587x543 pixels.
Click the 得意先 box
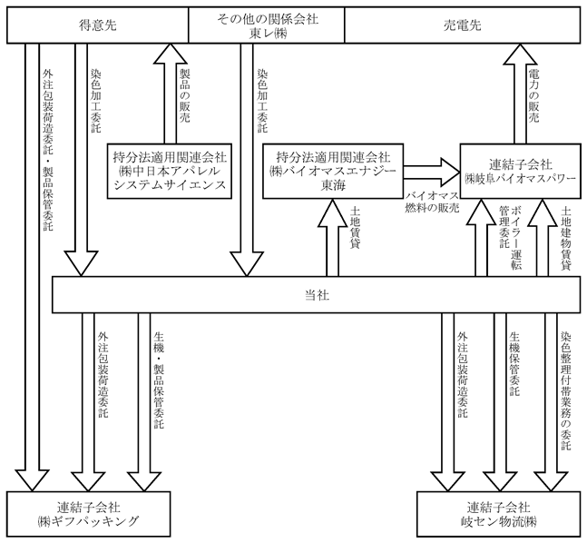click(x=98, y=25)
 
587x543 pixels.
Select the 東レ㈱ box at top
click(x=267, y=25)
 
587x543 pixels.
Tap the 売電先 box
click(x=463, y=25)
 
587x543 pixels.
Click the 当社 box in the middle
click(x=317, y=295)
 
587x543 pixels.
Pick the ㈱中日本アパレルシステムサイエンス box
click(x=170, y=171)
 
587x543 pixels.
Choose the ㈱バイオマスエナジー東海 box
click(x=333, y=171)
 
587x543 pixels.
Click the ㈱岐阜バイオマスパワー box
click(x=521, y=171)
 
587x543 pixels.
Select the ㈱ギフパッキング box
click(x=89, y=514)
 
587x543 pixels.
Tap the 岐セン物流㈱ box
click(x=499, y=514)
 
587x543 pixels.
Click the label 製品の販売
click(x=184, y=95)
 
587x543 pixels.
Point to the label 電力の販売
click(x=533, y=95)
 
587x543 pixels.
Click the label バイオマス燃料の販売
click(x=432, y=202)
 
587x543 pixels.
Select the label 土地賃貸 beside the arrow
click(x=355, y=228)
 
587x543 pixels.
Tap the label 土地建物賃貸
click(x=565, y=238)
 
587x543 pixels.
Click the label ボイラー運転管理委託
click(x=510, y=237)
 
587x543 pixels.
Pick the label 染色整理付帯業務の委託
click(x=565, y=390)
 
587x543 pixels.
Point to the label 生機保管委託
click(x=514, y=364)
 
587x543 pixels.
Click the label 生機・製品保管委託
click(x=159, y=380)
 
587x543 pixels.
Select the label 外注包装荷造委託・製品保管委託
click(x=47, y=150)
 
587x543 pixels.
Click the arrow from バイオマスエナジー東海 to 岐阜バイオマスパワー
click(x=432, y=172)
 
